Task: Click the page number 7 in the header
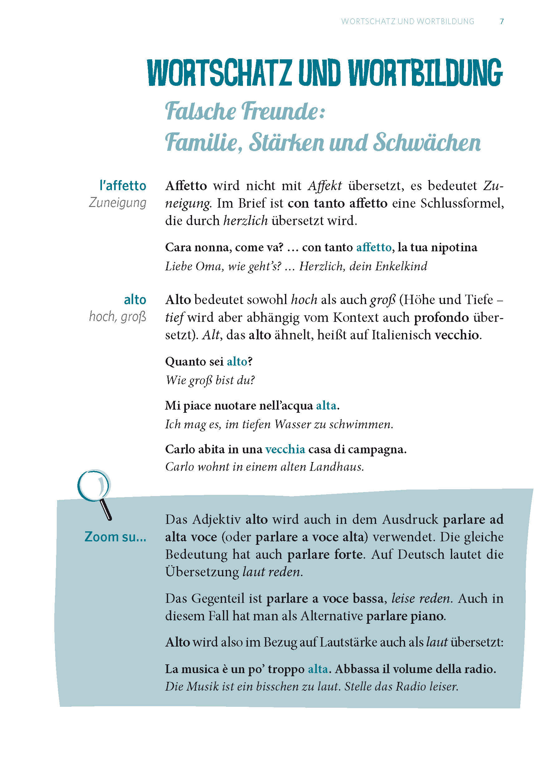[x=501, y=22]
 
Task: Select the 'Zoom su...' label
[x=115, y=537]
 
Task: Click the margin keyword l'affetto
[x=123, y=186]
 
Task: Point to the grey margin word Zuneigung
[x=117, y=203]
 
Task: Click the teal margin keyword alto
[x=135, y=300]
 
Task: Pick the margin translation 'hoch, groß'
[x=117, y=317]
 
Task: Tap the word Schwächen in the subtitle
[x=427, y=143]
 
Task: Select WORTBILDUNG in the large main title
[x=425, y=73]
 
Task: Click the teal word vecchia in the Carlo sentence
[x=285, y=449]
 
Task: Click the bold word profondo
[x=441, y=318]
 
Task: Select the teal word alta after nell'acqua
[x=326, y=406]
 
